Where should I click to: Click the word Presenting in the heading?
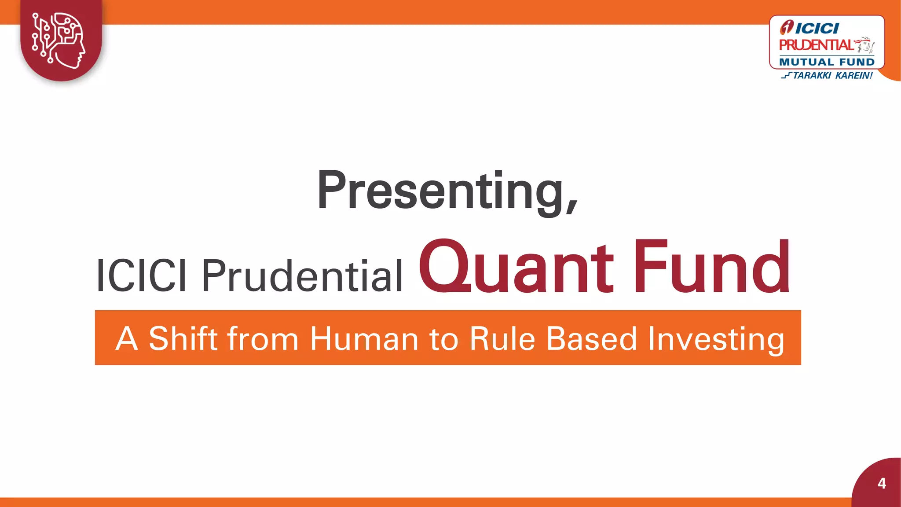[440, 190]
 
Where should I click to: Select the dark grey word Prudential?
[302, 276]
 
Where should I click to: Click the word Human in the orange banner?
[364, 339]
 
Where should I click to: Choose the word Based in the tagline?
[592, 339]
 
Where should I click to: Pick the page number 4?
[882, 483]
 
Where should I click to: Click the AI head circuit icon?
[59, 40]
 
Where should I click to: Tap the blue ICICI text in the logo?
[817, 29]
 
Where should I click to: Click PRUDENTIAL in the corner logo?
[816, 45]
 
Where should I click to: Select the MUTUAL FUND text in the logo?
[827, 62]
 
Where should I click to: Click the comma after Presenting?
[571, 207]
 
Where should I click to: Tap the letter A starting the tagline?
[127, 339]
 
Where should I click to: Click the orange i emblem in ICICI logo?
[787, 28]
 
